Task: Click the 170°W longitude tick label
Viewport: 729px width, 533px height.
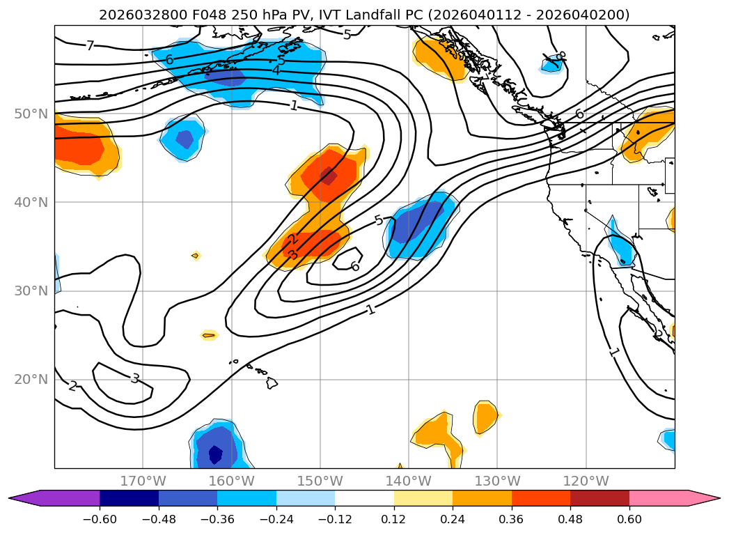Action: [143, 481]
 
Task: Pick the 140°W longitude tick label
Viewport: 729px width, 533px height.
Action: [408, 481]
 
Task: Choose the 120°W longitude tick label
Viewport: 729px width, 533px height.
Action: [586, 481]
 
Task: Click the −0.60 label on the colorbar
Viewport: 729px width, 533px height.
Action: [99, 519]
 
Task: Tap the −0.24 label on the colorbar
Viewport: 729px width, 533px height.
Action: [276, 519]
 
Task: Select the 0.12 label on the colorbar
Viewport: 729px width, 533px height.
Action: [394, 519]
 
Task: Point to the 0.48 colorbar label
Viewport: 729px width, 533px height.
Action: [570, 519]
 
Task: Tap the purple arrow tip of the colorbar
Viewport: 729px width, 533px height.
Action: [21, 498]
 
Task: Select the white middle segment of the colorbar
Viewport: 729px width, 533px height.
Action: [364, 498]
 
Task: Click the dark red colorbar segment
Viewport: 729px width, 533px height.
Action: [599, 498]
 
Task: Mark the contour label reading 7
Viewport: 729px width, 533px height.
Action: [90, 46]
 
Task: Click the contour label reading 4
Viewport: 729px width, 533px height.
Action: [276, 70]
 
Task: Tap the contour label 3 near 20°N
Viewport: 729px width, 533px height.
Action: [135, 378]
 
